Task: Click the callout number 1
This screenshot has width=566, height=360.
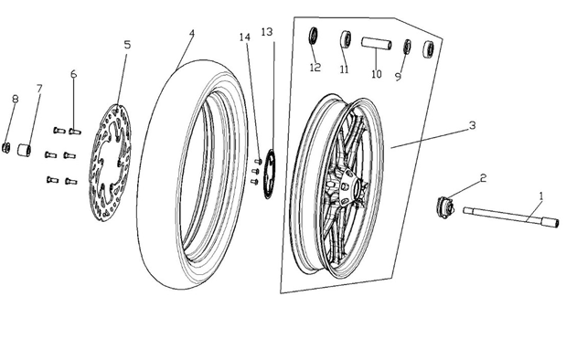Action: point(540,196)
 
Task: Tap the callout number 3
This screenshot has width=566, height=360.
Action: point(472,125)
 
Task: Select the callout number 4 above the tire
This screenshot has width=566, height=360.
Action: point(192,33)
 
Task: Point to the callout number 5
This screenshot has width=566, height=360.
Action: point(127,45)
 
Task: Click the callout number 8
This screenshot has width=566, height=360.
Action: point(15,99)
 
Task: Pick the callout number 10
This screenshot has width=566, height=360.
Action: point(376,74)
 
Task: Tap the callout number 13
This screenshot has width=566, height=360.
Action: point(267,32)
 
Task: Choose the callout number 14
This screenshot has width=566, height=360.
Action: point(244,37)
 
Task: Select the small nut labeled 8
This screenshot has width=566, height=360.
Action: point(5,147)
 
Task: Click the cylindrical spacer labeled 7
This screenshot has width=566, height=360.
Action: point(24,150)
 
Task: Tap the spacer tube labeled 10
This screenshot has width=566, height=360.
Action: point(377,44)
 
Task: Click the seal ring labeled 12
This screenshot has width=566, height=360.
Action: point(313,36)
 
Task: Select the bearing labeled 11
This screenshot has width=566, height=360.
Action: point(346,39)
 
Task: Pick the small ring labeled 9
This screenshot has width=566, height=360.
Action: point(407,47)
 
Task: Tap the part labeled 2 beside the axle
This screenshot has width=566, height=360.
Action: point(444,207)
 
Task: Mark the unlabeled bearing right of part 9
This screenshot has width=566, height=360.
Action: point(428,49)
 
